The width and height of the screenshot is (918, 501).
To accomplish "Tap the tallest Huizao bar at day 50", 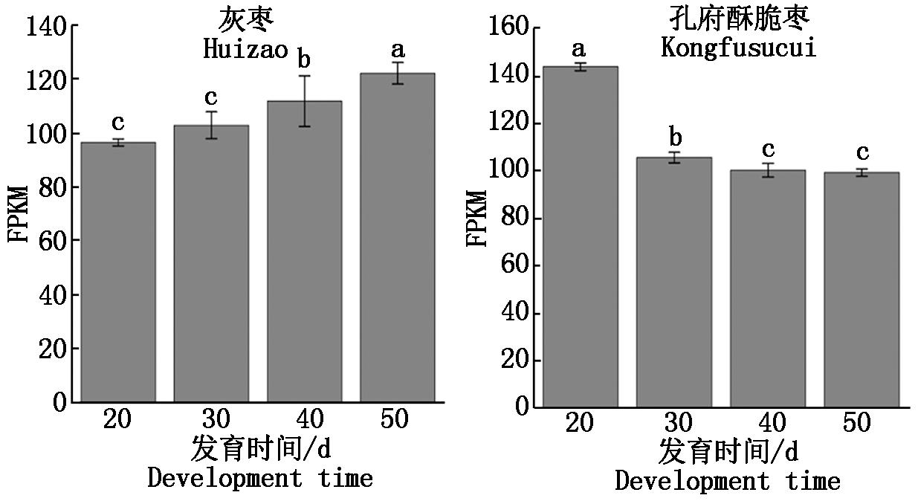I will click(397, 237).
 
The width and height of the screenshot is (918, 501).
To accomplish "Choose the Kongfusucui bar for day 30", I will click(673, 282).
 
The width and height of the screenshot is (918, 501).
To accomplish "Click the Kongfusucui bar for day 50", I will click(862, 289).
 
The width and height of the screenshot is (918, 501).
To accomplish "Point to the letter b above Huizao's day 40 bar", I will click(304, 57).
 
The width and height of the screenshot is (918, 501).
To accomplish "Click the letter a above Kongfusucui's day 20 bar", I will click(579, 49).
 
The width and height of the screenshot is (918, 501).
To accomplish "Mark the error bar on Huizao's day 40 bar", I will click(304, 100).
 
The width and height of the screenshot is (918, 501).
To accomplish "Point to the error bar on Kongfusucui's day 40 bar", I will click(768, 169).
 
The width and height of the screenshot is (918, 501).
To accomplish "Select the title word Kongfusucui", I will click(739, 48).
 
